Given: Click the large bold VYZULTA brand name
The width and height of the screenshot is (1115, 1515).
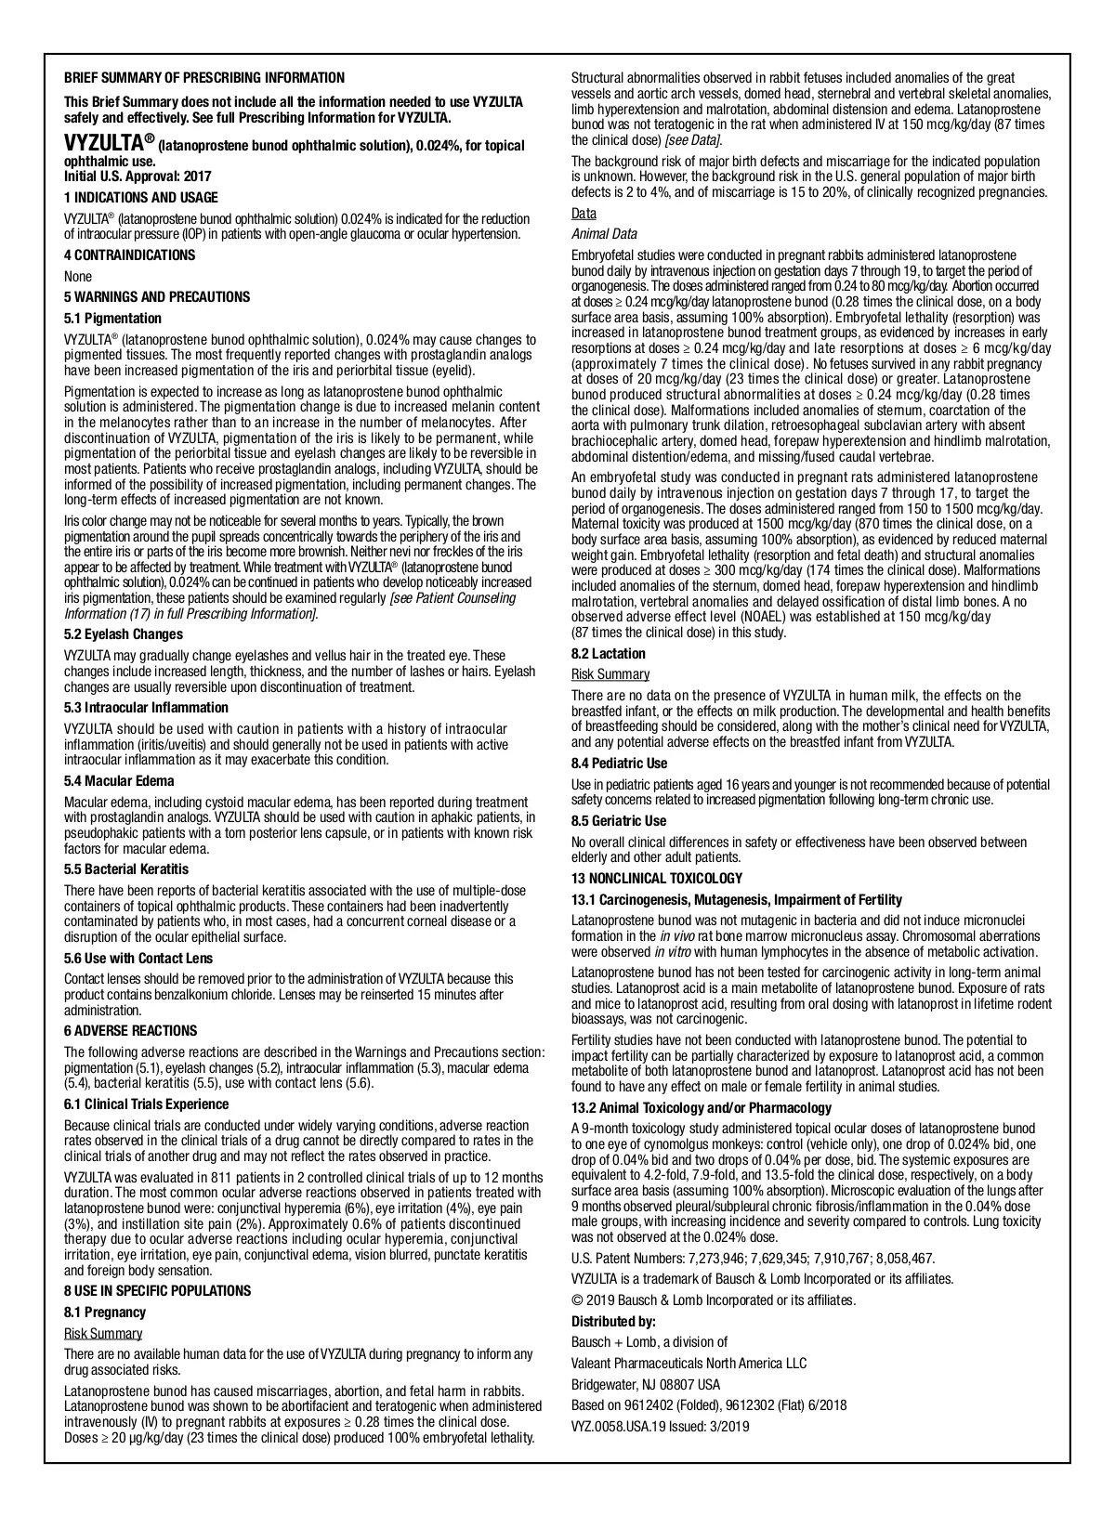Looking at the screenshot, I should pos(101,143).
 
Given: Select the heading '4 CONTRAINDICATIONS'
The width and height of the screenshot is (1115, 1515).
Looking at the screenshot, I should pos(129,255).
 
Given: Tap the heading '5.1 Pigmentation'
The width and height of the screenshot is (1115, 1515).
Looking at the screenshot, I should pos(112,319).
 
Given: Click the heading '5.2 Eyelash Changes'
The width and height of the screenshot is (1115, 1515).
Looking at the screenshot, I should pos(124,634).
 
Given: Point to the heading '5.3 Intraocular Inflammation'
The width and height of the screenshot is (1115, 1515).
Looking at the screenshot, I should pos(146,708).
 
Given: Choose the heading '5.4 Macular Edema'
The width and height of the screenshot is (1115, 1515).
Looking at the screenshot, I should pos(119,781).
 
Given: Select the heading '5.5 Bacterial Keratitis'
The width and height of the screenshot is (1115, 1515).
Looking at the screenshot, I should pos(126,869).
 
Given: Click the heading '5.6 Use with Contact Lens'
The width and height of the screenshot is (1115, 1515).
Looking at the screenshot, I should pos(138,959).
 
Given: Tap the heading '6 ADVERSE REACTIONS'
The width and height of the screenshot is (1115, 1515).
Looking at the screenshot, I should pos(130,1031).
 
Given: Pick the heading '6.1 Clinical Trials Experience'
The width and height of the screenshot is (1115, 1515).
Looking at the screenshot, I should pos(146,1104).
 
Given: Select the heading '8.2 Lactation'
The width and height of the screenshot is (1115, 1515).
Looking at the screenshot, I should pos(609,654).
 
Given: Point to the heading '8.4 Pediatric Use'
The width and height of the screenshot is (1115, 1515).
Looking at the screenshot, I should pos(619,764).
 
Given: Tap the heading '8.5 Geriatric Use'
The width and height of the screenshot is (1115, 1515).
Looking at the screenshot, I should pos(619,821).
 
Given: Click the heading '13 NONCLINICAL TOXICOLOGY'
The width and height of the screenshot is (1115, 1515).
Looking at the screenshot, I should pos(657,879).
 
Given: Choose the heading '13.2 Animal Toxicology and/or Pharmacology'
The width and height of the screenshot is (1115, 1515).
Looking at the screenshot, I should pos(702,1108).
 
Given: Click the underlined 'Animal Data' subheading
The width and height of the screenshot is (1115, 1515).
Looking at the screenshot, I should pos(604,234).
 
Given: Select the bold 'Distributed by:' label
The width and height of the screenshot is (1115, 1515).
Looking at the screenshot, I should pos(613,1322).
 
